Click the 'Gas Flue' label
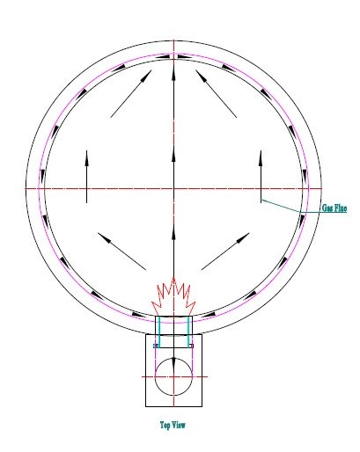click(x=334, y=208)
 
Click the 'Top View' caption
click(x=173, y=425)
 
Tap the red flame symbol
click(x=173, y=297)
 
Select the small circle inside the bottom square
click(x=173, y=376)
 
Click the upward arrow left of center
click(x=86, y=177)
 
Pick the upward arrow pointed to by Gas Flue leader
click(x=261, y=177)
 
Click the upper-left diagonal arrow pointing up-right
click(x=131, y=94)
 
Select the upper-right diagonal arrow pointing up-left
click(x=217, y=94)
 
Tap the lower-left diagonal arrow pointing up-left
click(x=121, y=252)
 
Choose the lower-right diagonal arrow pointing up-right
click(x=225, y=252)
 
